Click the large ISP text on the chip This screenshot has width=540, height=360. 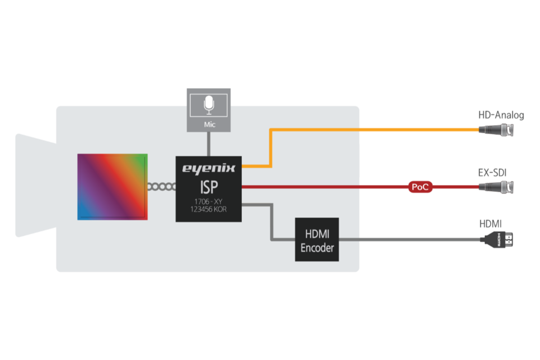[208, 185]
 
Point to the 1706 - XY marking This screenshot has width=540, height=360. [208, 201]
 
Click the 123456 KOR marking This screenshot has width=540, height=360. [208, 209]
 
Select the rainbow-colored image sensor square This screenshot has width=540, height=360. [112, 186]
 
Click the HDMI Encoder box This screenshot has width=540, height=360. [317, 240]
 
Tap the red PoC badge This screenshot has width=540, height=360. [421, 187]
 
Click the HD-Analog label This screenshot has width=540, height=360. [501, 115]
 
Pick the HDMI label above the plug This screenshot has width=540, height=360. [490, 224]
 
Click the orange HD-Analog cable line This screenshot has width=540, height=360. [371, 130]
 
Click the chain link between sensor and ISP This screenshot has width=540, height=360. [161, 187]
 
